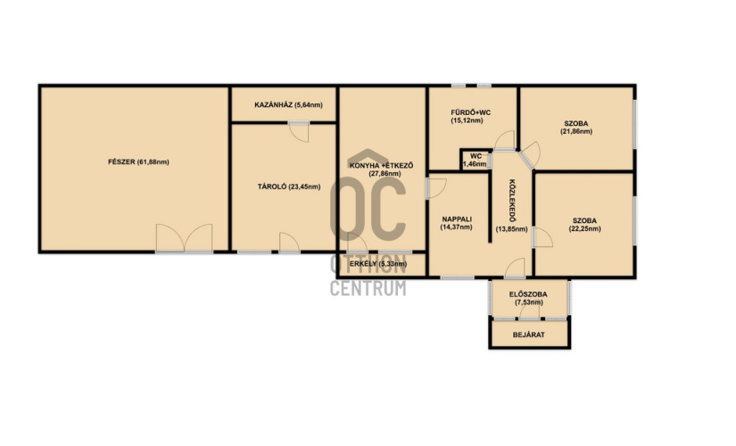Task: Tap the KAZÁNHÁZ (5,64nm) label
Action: [288, 104]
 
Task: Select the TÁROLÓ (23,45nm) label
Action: [289, 186]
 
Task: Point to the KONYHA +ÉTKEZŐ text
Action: [381, 165]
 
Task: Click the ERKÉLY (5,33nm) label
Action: [378, 264]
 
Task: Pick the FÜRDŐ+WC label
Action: [471, 112]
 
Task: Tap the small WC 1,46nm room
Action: [475, 160]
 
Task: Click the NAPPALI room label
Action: [457, 219]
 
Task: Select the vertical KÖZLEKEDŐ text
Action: [512, 201]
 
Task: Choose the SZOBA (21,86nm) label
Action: [576, 128]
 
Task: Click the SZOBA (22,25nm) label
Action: [584, 225]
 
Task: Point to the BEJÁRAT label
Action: [528, 334]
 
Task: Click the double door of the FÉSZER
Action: [184, 238]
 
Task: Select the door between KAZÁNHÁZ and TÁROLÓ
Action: [299, 132]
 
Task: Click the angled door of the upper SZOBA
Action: [530, 154]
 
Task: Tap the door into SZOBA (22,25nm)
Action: [542, 237]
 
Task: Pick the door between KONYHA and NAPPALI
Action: [436, 188]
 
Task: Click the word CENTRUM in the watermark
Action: [368, 288]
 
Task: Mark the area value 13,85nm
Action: [512, 229]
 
